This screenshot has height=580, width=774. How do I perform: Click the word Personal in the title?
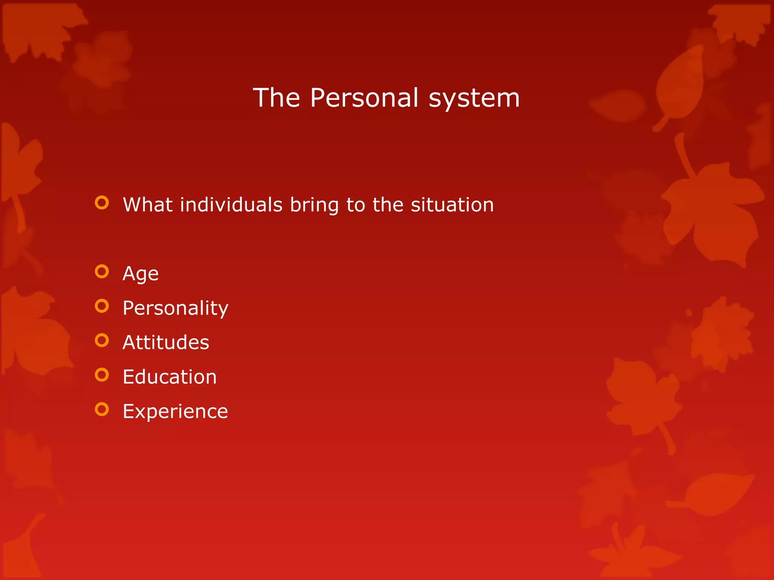pos(364,98)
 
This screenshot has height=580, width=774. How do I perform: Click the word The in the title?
pos(276,98)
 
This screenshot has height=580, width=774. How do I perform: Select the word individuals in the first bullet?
pos(231,205)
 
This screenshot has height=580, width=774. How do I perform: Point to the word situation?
pos(452,205)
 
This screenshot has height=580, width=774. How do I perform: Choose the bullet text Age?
pos(140,274)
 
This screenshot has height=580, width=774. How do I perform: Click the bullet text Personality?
pos(175,309)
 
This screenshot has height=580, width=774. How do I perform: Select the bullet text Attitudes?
pos(166,342)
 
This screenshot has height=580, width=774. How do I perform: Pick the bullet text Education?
pos(170,377)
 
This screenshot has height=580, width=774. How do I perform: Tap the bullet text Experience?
pos(175,412)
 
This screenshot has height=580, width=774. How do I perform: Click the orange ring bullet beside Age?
pos(102,271)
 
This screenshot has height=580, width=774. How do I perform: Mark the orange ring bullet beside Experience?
pos(102,409)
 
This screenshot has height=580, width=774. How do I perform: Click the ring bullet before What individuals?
pos(102,203)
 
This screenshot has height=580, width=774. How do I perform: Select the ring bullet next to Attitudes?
pos(102,340)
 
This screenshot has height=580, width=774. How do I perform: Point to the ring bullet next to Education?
pos(102,375)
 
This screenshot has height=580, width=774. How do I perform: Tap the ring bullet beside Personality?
pos(102,306)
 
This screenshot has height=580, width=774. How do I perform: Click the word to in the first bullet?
pos(355,205)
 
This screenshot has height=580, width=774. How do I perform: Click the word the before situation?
pos(388,205)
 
